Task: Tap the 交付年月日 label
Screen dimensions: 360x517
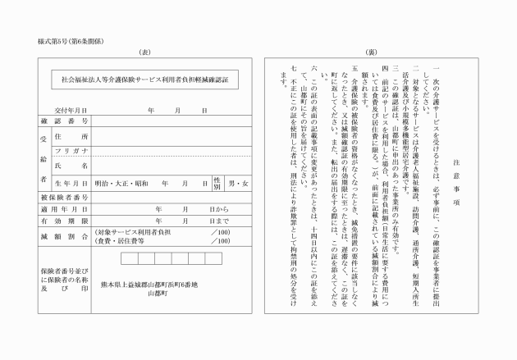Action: [71, 108]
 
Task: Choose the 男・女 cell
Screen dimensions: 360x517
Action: [238, 183]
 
